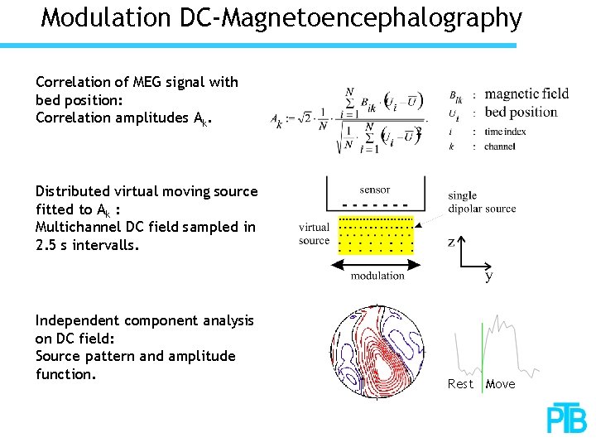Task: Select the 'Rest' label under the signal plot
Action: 460,384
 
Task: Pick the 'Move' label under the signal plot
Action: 500,384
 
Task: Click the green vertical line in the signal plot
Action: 481,348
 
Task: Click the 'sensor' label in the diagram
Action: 375,189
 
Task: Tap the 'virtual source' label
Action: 314,233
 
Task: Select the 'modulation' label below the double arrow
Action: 377,276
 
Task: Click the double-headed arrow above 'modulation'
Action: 377,263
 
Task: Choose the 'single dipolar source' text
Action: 482,203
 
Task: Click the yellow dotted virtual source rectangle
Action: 377,235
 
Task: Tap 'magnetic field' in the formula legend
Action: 526,94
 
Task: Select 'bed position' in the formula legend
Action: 521,112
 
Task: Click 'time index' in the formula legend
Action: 507,131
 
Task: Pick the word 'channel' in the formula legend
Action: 500,147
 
